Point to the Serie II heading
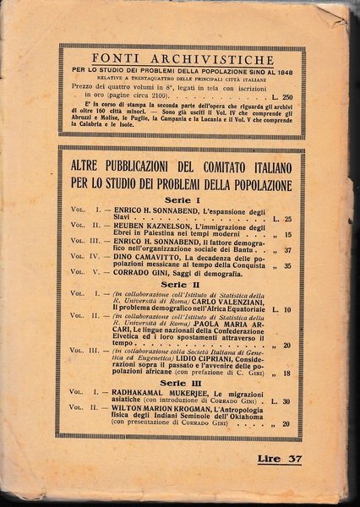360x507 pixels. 180,281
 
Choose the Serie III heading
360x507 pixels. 180,383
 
